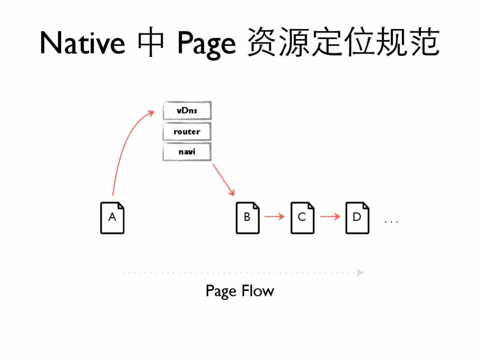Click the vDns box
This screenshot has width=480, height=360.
tap(187, 110)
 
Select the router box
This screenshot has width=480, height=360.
tap(187, 131)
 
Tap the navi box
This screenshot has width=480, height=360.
tap(187, 151)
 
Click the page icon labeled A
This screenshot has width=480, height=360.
tap(112, 218)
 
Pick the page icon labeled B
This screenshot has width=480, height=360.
tap(248, 218)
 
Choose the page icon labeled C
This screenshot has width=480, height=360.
tap(302, 218)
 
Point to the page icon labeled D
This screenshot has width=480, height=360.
tap(357, 218)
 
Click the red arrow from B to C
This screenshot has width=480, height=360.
tap(275, 216)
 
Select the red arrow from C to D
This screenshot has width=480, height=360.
tap(330, 216)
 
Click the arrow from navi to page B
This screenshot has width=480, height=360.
tap(223, 180)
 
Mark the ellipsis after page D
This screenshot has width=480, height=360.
tap(391, 221)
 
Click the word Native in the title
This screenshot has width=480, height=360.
tap(83, 42)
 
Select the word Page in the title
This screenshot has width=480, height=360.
tap(207, 44)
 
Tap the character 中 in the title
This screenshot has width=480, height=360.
tap(151, 41)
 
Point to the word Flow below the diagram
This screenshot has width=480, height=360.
tap(258, 290)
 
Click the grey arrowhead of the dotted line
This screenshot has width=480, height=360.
tap(360, 272)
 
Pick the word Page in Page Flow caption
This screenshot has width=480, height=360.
tap(222, 291)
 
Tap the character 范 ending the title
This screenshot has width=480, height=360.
tap(424, 41)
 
